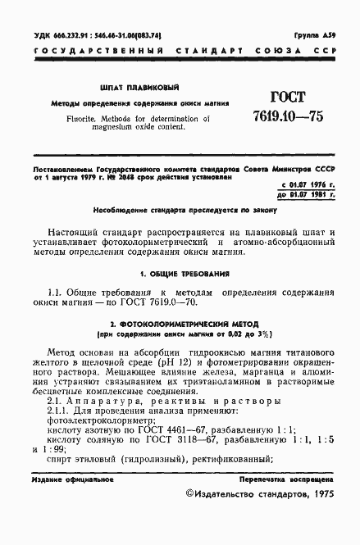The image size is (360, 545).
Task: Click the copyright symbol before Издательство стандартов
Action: (x=191, y=517)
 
